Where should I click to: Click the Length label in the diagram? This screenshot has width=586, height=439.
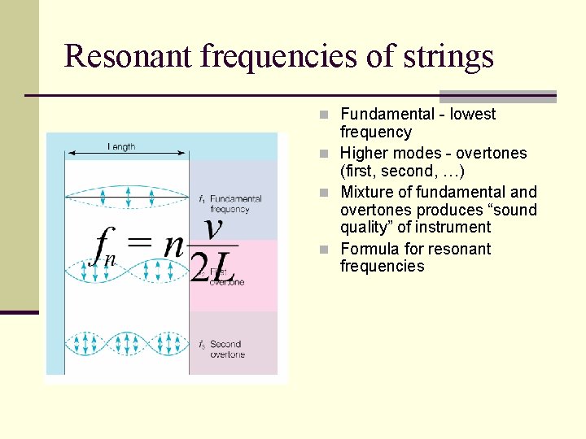(122, 146)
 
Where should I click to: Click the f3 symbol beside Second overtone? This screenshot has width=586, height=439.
(201, 345)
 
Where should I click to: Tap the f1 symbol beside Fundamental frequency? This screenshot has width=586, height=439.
(201, 198)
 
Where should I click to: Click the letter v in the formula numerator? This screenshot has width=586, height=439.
(213, 228)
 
